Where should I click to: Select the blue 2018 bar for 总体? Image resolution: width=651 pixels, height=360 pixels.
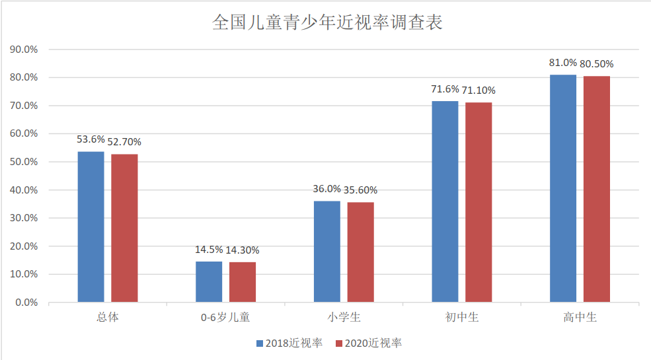91,227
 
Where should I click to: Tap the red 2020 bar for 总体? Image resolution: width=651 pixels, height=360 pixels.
124,228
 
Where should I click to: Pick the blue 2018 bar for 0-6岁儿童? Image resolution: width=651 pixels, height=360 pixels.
209,282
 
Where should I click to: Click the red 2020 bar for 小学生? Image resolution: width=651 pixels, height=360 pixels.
360,252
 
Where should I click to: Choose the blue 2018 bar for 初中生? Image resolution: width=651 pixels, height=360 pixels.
445,201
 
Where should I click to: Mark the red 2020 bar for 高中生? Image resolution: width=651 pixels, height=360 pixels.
596,189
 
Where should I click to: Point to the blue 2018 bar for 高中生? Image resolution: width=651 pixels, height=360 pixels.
563,188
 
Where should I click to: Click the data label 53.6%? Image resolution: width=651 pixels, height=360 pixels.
91,139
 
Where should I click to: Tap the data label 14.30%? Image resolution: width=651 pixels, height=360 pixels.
243,250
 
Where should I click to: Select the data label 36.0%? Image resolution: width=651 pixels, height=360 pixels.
326,190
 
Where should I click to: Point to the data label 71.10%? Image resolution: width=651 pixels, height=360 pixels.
479,90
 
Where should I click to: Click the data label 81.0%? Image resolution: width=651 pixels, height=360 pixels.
563,63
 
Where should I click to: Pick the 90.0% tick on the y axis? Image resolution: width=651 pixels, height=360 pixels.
24,50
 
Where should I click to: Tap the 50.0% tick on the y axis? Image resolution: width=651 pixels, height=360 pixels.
24,162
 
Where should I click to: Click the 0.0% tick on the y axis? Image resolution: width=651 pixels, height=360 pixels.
26,303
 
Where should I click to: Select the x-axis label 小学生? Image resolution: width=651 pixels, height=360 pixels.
344,318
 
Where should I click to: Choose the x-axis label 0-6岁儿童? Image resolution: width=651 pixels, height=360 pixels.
225,318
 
